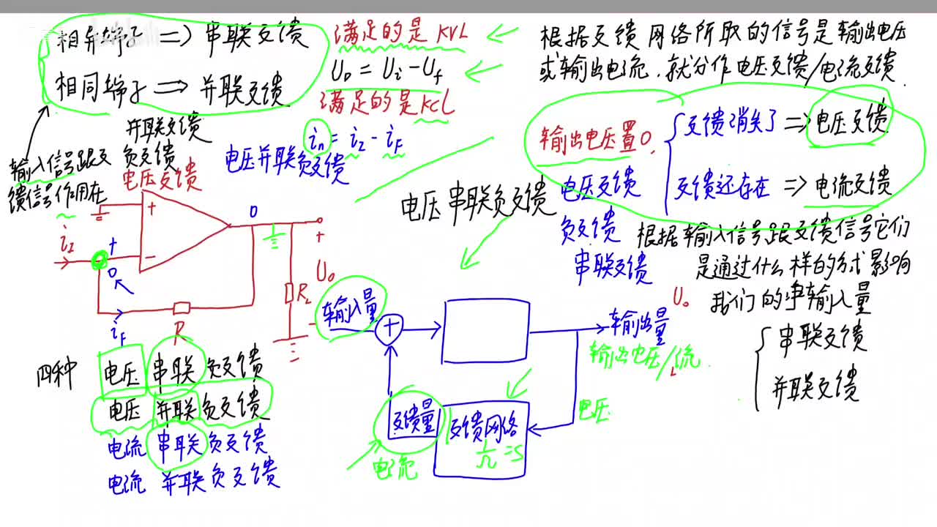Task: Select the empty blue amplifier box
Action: tap(486, 331)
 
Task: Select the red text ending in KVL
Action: tap(399, 33)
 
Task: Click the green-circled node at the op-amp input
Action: tap(99, 260)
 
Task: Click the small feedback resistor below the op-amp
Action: tap(181, 306)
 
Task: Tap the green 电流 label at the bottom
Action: tap(395, 466)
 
